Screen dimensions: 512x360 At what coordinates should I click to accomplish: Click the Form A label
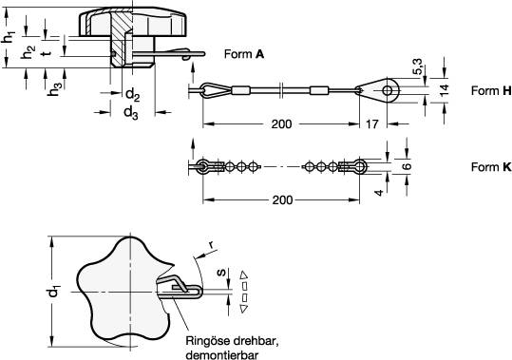tap(244, 54)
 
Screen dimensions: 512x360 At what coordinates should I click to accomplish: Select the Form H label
tap(491, 90)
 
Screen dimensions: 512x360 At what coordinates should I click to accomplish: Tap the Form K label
tap(491, 167)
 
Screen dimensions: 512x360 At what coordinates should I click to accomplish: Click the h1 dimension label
tap(9, 37)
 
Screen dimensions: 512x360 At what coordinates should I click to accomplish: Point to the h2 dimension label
tap(28, 52)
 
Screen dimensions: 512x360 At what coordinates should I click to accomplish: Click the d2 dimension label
tap(133, 95)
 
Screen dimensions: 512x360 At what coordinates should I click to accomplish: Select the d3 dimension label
tap(131, 113)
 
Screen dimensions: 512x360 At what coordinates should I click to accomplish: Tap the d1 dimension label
tap(54, 292)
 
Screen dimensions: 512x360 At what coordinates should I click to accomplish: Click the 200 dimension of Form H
tap(281, 124)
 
